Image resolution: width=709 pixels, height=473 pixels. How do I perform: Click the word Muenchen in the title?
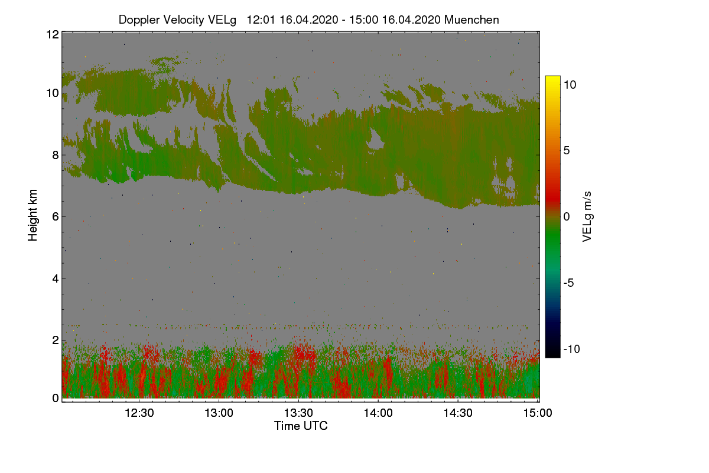[471, 20]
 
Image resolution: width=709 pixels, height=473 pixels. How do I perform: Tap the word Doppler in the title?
[139, 20]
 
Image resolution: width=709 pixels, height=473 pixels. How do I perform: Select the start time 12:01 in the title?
[261, 20]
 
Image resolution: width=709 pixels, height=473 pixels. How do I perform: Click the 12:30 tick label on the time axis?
[139, 413]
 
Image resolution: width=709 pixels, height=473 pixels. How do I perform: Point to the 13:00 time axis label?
[219, 413]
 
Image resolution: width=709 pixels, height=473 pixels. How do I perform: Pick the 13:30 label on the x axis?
[299, 413]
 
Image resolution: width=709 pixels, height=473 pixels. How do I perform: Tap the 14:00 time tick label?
[379, 413]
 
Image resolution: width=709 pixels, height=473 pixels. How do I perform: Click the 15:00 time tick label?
[536, 413]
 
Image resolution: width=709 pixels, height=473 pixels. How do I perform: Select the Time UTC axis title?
[301, 426]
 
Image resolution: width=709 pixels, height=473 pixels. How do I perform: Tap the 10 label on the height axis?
[53, 93]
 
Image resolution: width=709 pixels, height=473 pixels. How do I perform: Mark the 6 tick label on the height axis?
[56, 217]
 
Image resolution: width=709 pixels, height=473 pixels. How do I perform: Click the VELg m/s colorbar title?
[587, 216]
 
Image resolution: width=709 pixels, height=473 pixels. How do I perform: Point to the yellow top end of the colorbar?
[552, 79]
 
